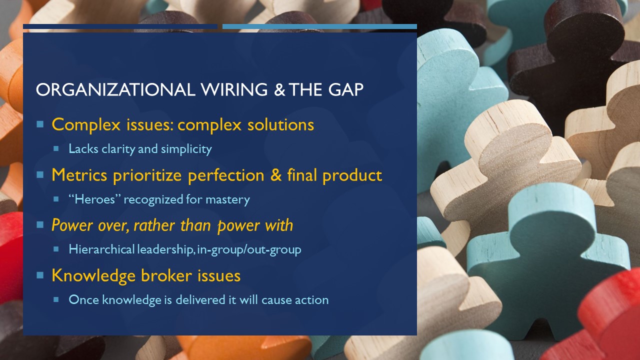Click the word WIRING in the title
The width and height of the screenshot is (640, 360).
click(x=234, y=89)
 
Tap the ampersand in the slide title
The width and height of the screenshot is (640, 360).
click(x=279, y=89)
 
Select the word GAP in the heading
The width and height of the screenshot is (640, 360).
click(x=345, y=89)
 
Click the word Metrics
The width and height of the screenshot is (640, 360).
click(x=79, y=175)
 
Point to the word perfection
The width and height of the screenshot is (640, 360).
click(x=226, y=175)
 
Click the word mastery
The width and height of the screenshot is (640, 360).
click(x=227, y=199)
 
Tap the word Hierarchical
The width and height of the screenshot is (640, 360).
click(x=101, y=249)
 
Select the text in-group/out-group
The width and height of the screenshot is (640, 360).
click(x=249, y=249)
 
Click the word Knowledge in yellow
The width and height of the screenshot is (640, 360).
click(x=93, y=276)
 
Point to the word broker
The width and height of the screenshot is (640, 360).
click(x=166, y=275)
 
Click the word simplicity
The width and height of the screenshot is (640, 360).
click(x=186, y=149)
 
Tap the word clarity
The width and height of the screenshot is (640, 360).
click(x=118, y=149)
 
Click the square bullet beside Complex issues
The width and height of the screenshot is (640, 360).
click(x=40, y=124)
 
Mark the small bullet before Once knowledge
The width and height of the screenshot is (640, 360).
click(x=56, y=299)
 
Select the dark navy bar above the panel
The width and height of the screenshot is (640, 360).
click(x=120, y=26)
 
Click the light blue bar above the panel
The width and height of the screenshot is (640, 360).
click(x=319, y=26)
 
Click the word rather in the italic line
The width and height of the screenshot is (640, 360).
click(x=154, y=225)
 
